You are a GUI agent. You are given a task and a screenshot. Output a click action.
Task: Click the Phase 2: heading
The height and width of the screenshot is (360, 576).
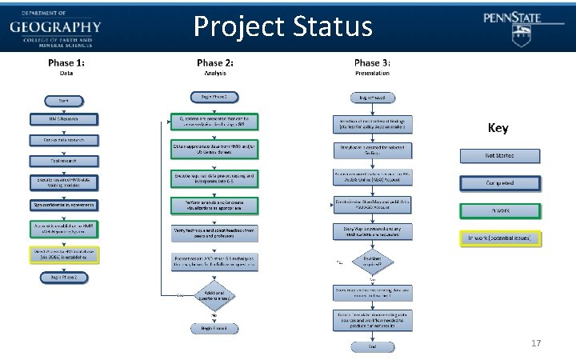point(215,62)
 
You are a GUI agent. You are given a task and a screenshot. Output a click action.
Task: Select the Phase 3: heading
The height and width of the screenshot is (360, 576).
point(372,62)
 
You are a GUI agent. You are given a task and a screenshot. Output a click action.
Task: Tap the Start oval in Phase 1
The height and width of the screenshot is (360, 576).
point(62,101)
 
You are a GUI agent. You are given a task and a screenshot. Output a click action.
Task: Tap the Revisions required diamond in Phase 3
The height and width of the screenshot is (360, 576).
point(372,262)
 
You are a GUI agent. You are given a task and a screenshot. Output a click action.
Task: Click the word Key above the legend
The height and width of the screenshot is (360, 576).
point(497,128)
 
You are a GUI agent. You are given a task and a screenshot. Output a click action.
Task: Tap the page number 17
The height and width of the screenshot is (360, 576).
point(536,343)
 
